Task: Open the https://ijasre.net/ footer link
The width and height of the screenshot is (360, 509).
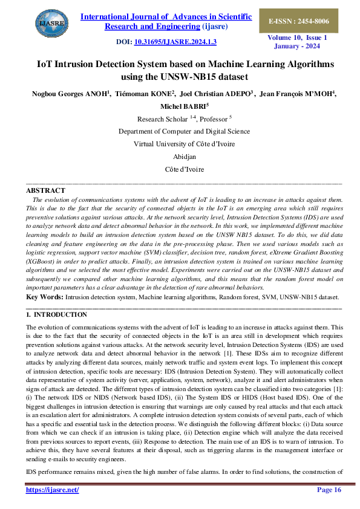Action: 53,490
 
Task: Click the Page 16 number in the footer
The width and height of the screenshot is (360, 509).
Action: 329,490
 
